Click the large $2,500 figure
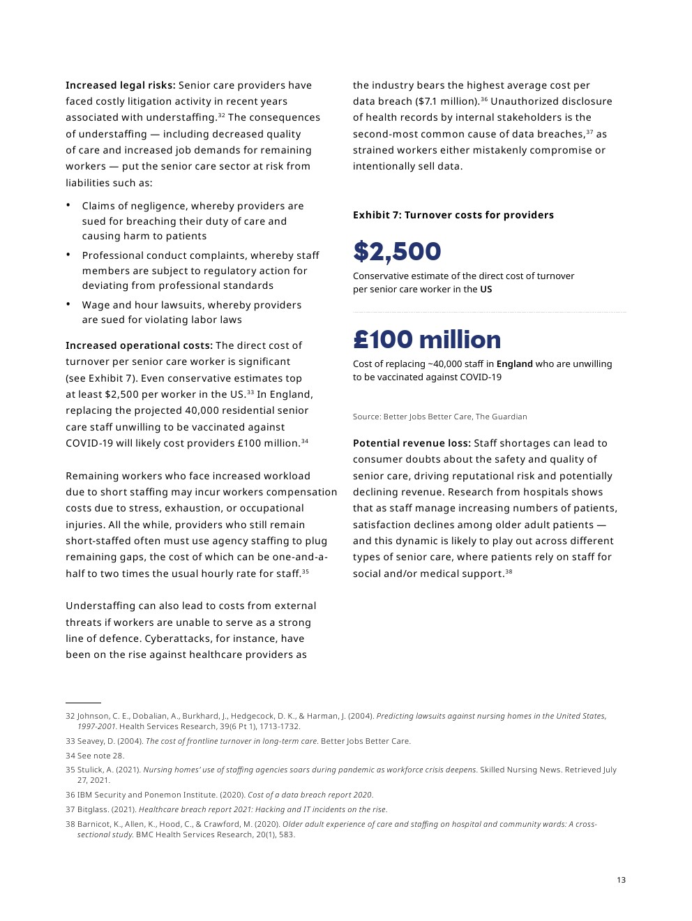pyautogui.click(x=397, y=252)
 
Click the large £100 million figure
pyautogui.click(x=427, y=340)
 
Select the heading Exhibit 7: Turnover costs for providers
pyautogui.click(x=453, y=215)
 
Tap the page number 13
pyautogui.click(x=621, y=880)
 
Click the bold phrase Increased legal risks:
pyautogui.click(x=120, y=85)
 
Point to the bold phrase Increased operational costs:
pyautogui.click(x=139, y=345)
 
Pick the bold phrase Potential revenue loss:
pyautogui.click(x=412, y=443)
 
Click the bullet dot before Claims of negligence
pyautogui.click(x=68, y=205)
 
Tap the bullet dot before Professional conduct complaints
pyautogui.click(x=68, y=255)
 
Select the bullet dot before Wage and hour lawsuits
pyautogui.click(x=68, y=304)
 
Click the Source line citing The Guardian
pyautogui.click(x=439, y=417)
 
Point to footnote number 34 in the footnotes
pyautogui.click(x=70, y=756)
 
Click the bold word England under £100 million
pyautogui.click(x=514, y=364)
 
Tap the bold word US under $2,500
pyautogui.click(x=486, y=289)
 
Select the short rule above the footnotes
pyautogui.click(x=83, y=703)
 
